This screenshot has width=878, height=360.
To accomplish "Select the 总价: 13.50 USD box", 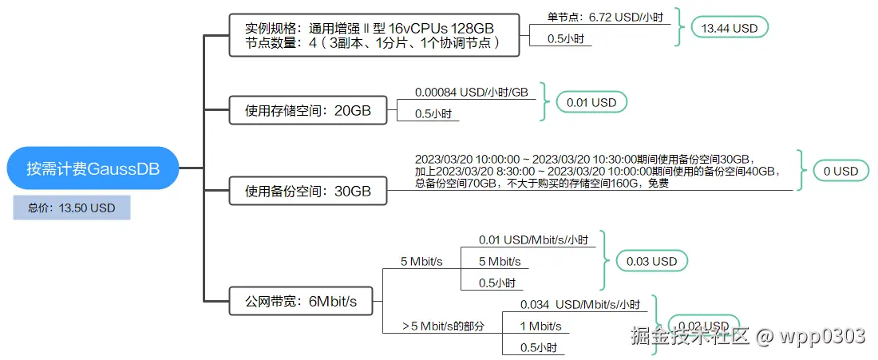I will tap(71, 208).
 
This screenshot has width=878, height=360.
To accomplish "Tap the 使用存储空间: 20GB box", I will tap(308, 111).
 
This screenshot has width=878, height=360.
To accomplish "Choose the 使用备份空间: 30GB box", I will tap(308, 192).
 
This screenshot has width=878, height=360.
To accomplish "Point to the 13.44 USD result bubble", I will tap(729, 27).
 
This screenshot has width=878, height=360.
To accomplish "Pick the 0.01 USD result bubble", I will tap(591, 102).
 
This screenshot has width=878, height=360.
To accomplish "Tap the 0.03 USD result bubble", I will tap(652, 261).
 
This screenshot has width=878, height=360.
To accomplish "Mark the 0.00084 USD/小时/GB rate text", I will tap(472, 93).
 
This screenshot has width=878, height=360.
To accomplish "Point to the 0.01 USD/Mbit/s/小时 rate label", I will tap(533, 239).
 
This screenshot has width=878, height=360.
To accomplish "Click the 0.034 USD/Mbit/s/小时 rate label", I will tap(580, 304).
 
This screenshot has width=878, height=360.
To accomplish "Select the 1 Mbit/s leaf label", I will tap(540, 326).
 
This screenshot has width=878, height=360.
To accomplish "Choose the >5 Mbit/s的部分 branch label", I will tap(443, 326).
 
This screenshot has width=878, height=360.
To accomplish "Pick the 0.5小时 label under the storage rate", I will tap(433, 114).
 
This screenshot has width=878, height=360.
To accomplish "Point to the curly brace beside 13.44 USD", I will tap(679, 27).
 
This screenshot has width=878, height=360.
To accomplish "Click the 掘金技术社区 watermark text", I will tap(690, 336).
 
